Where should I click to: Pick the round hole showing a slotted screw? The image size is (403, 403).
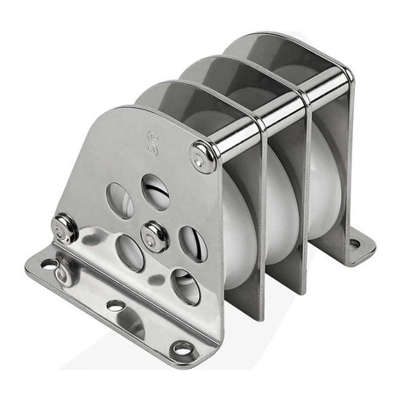(156, 191)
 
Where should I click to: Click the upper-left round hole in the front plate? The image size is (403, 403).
(120, 201)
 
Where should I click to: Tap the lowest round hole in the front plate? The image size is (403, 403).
(185, 286)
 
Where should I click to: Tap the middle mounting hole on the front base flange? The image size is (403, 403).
(115, 306)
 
